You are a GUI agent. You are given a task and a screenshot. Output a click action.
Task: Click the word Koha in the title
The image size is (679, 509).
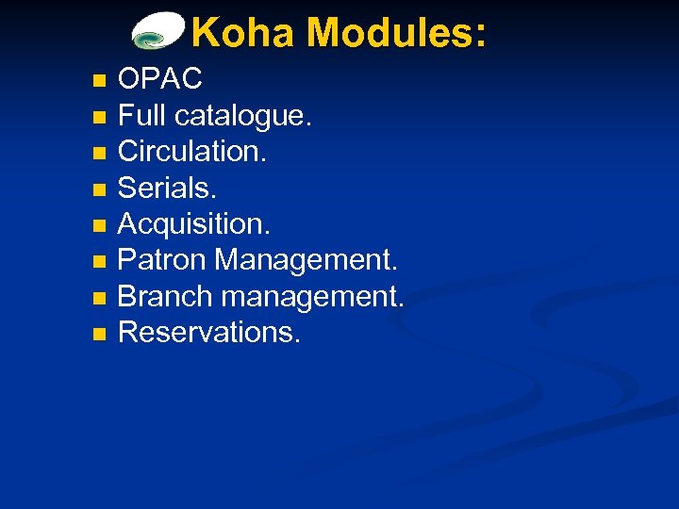click(244, 33)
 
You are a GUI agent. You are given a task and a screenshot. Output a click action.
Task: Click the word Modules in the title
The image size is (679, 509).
click(397, 33)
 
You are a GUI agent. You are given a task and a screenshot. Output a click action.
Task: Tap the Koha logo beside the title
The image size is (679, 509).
click(157, 31)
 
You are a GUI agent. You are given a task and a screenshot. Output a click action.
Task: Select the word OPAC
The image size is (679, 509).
click(161, 78)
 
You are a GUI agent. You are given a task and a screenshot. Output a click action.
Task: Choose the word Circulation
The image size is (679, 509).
click(192, 151)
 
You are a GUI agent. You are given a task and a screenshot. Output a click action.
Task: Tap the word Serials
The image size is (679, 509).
click(167, 188)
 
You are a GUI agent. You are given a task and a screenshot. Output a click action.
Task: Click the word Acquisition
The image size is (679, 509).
click(192, 224)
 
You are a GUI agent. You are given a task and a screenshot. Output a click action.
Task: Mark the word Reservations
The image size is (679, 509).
click(209, 331)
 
